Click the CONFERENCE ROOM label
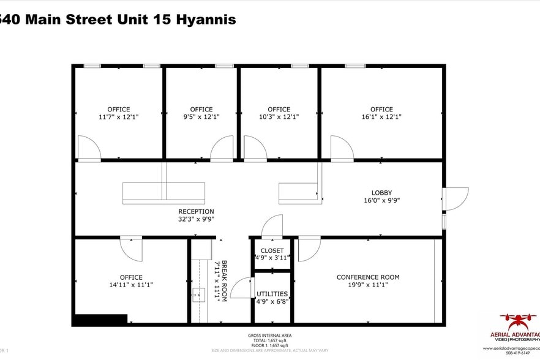368,277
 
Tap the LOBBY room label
381,192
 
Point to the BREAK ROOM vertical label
224,281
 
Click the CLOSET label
272,250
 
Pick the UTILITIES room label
272,294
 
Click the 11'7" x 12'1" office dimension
118,117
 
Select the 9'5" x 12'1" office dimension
201,117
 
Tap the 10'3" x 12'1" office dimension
279,117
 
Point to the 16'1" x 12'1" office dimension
381,117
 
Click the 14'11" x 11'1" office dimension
131,285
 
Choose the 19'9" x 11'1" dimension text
368,285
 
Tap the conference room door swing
309,248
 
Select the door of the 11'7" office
89,149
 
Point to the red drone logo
517,322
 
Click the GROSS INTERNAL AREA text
269,336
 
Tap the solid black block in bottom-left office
100,319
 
